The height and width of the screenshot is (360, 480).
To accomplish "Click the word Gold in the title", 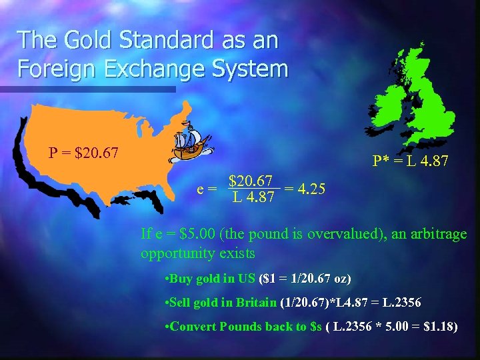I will click(x=84, y=40).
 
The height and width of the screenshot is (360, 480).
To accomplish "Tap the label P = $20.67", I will click(x=83, y=153).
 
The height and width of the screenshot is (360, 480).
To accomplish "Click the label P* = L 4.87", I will click(x=410, y=162).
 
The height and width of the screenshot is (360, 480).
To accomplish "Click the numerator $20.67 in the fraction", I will click(x=250, y=181).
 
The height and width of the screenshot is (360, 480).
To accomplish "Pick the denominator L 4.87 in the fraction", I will click(x=253, y=197).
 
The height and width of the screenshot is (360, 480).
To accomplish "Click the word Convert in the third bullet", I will click(x=194, y=327).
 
